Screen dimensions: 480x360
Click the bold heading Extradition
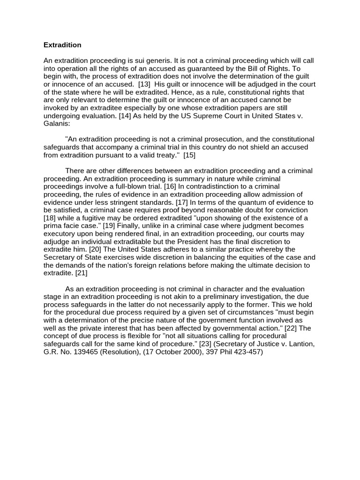(x=62, y=45)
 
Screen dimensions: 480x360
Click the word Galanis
(x=56, y=124)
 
